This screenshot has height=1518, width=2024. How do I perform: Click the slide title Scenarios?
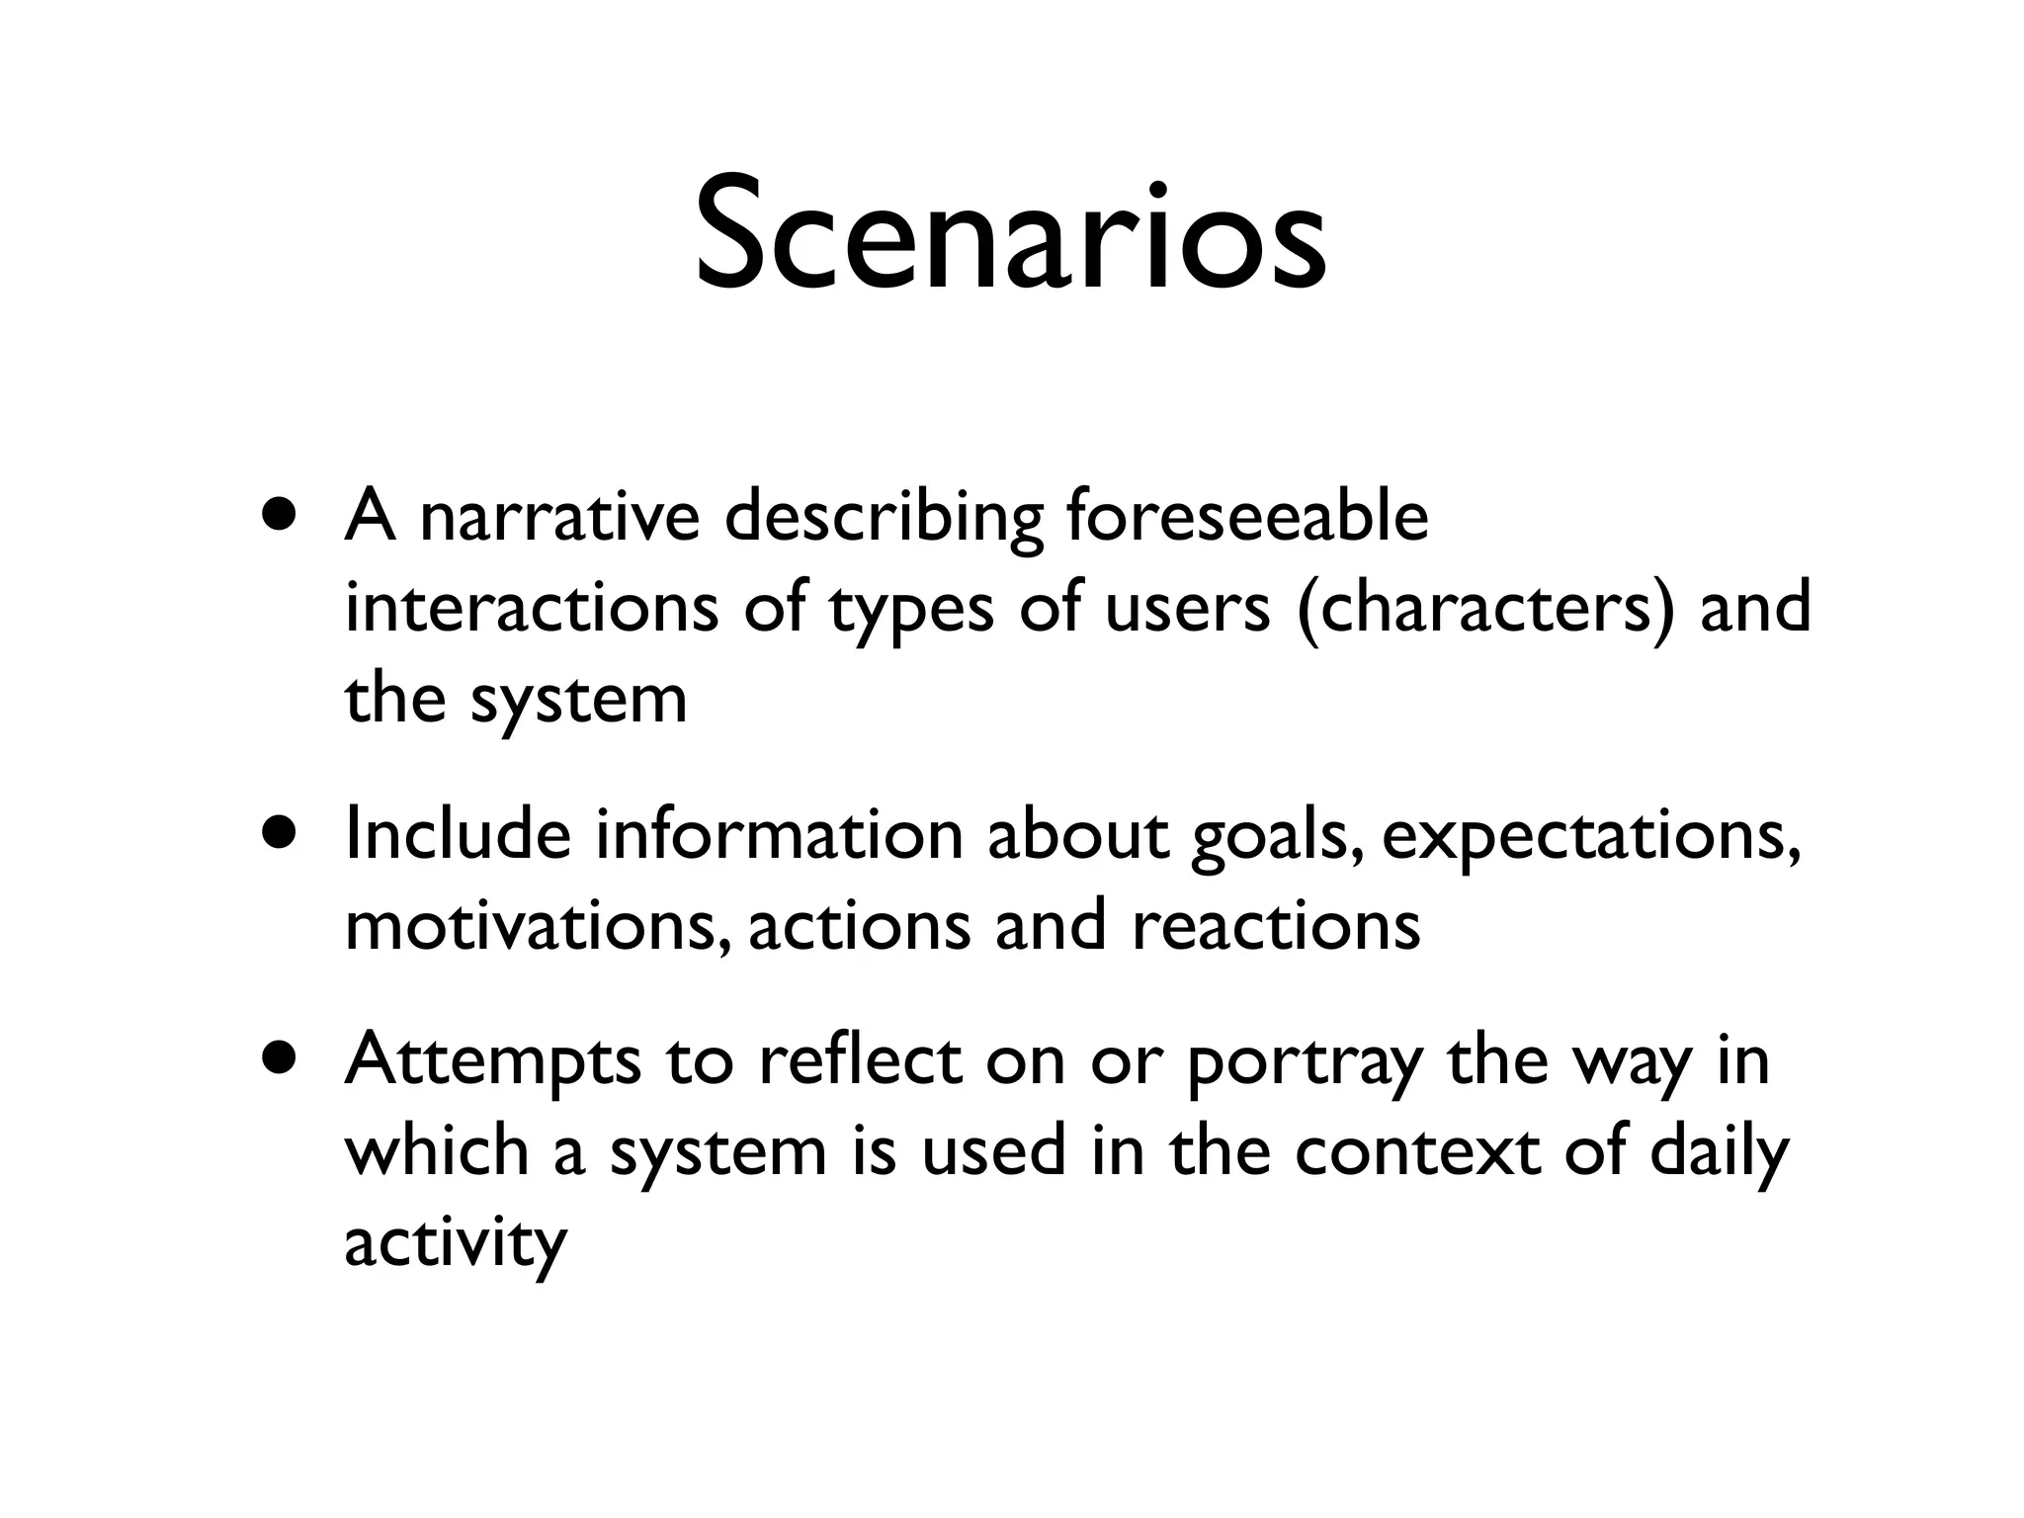pos(1010,238)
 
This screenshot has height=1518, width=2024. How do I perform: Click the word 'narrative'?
pos(559,518)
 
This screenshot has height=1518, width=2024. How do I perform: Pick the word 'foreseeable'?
pos(1247,518)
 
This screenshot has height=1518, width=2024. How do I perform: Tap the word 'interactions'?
pos(532,608)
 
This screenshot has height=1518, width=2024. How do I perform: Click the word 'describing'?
pos(884,518)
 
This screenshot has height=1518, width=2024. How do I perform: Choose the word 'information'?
pos(779,834)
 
